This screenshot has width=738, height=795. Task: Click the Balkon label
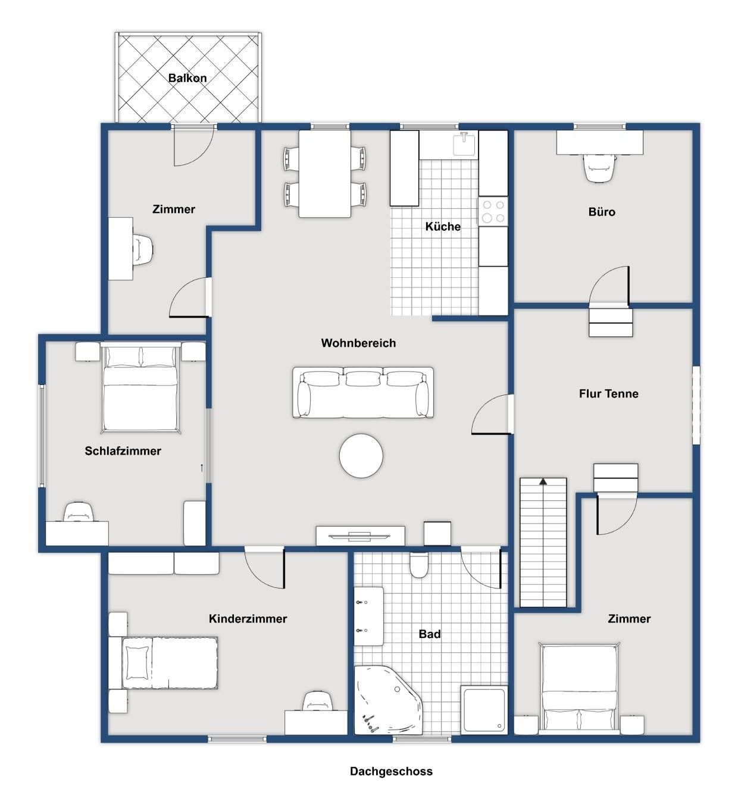point(187,78)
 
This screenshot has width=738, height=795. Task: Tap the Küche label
point(443,227)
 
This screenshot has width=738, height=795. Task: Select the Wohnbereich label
point(358,343)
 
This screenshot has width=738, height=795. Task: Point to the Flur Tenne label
point(608,393)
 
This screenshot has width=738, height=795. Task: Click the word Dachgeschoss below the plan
point(391,771)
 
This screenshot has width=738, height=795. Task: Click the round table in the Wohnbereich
point(361,456)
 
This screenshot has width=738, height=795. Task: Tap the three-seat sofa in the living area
point(363,392)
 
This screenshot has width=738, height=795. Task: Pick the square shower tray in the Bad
point(484,709)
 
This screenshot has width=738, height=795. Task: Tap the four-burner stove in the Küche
point(493,211)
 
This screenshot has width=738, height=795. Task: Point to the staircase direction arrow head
point(543,481)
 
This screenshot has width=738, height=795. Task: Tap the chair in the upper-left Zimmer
point(143,249)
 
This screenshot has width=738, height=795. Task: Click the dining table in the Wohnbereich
point(324,173)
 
